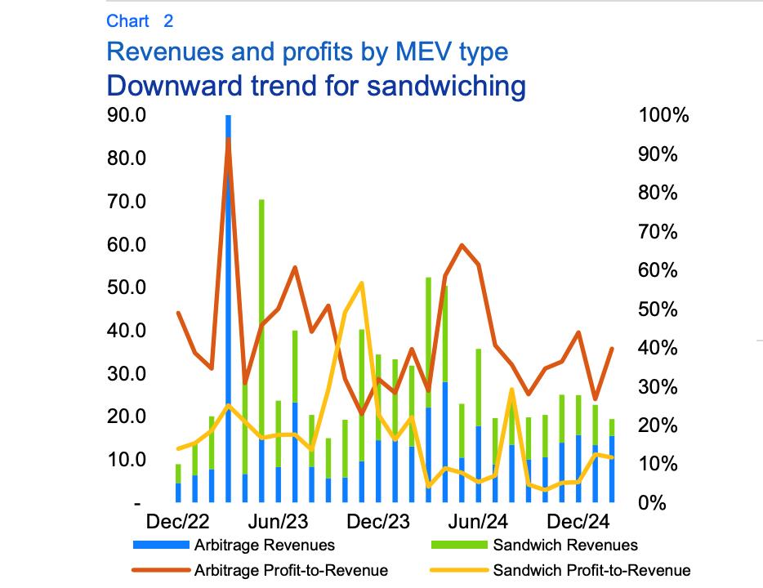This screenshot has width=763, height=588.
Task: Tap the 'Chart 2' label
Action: (139, 20)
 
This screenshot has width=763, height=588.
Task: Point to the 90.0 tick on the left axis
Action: (127, 115)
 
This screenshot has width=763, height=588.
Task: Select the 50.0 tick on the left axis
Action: (127, 287)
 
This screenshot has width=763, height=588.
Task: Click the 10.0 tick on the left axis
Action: (127, 460)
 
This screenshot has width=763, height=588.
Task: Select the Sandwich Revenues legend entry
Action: (564, 545)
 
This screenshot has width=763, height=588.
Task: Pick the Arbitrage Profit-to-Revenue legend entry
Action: (290, 570)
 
